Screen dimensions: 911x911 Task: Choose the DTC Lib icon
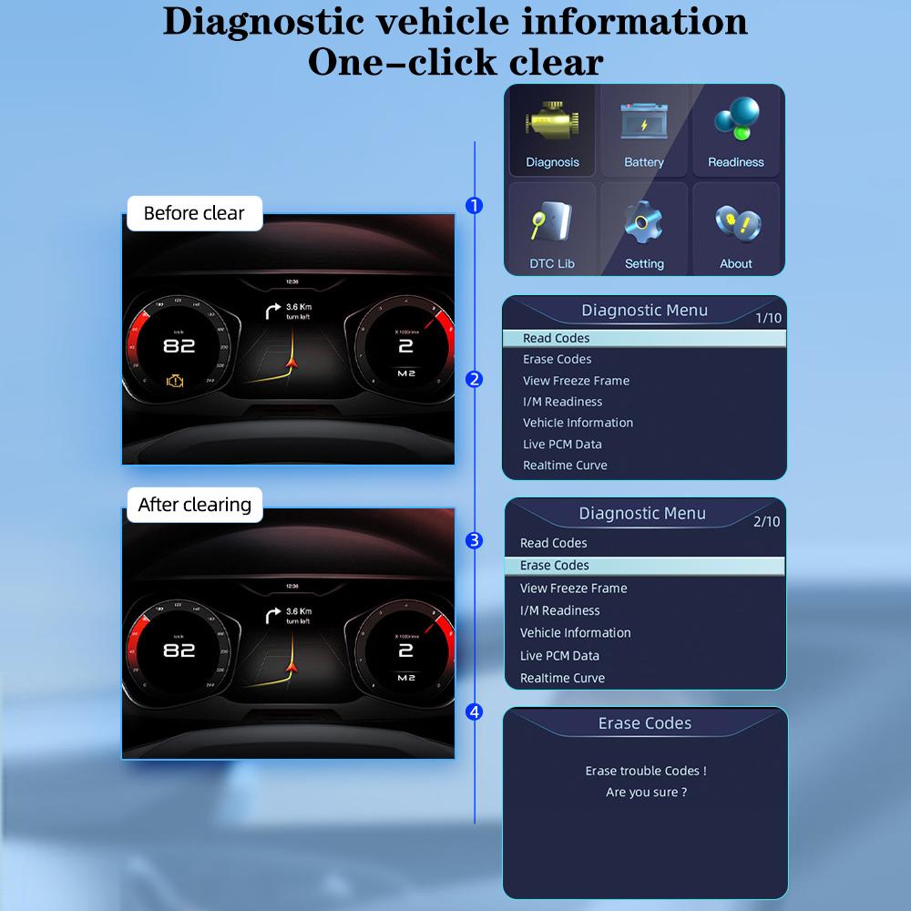pyautogui.click(x=552, y=222)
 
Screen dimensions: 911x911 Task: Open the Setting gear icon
pyautogui.click(x=644, y=221)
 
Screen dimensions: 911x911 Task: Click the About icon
pyautogui.click(x=736, y=222)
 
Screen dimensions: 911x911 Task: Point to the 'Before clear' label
pyautogui.click(x=194, y=213)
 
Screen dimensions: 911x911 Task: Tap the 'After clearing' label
pyautogui.click(x=194, y=504)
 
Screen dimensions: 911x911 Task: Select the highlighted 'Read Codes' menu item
pyautogui.click(x=556, y=338)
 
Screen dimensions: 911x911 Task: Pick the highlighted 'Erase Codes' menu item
pyautogui.click(x=554, y=566)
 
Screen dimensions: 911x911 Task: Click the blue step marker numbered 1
pyautogui.click(x=474, y=206)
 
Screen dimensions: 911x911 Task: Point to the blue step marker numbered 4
pyautogui.click(x=474, y=711)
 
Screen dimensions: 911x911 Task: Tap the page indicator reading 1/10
pyautogui.click(x=768, y=318)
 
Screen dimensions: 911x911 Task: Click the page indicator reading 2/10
pyautogui.click(x=766, y=522)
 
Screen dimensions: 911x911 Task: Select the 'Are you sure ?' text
pyautogui.click(x=646, y=793)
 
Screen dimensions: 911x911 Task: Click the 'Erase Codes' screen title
pyautogui.click(x=644, y=723)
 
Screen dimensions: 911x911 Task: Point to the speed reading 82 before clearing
pyautogui.click(x=179, y=346)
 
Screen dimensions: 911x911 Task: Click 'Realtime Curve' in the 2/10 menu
pyautogui.click(x=562, y=678)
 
